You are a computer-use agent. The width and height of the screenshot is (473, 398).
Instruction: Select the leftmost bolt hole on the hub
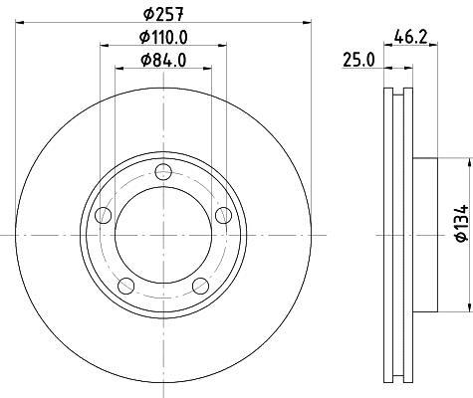101,215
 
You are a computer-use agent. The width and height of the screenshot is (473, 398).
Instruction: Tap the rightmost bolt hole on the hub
224,215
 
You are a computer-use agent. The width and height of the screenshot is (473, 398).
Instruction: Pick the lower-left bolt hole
124,287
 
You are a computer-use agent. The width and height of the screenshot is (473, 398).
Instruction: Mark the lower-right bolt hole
200,287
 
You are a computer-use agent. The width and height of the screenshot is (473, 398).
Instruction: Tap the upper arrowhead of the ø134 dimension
465,162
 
